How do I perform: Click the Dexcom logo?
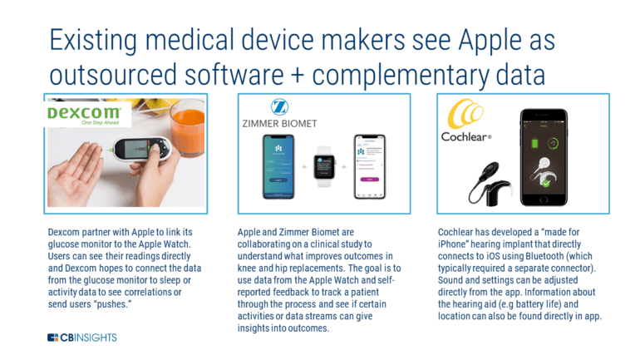pyautogui.click(x=83, y=112)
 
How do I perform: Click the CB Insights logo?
pyautogui.click(x=82, y=338)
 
